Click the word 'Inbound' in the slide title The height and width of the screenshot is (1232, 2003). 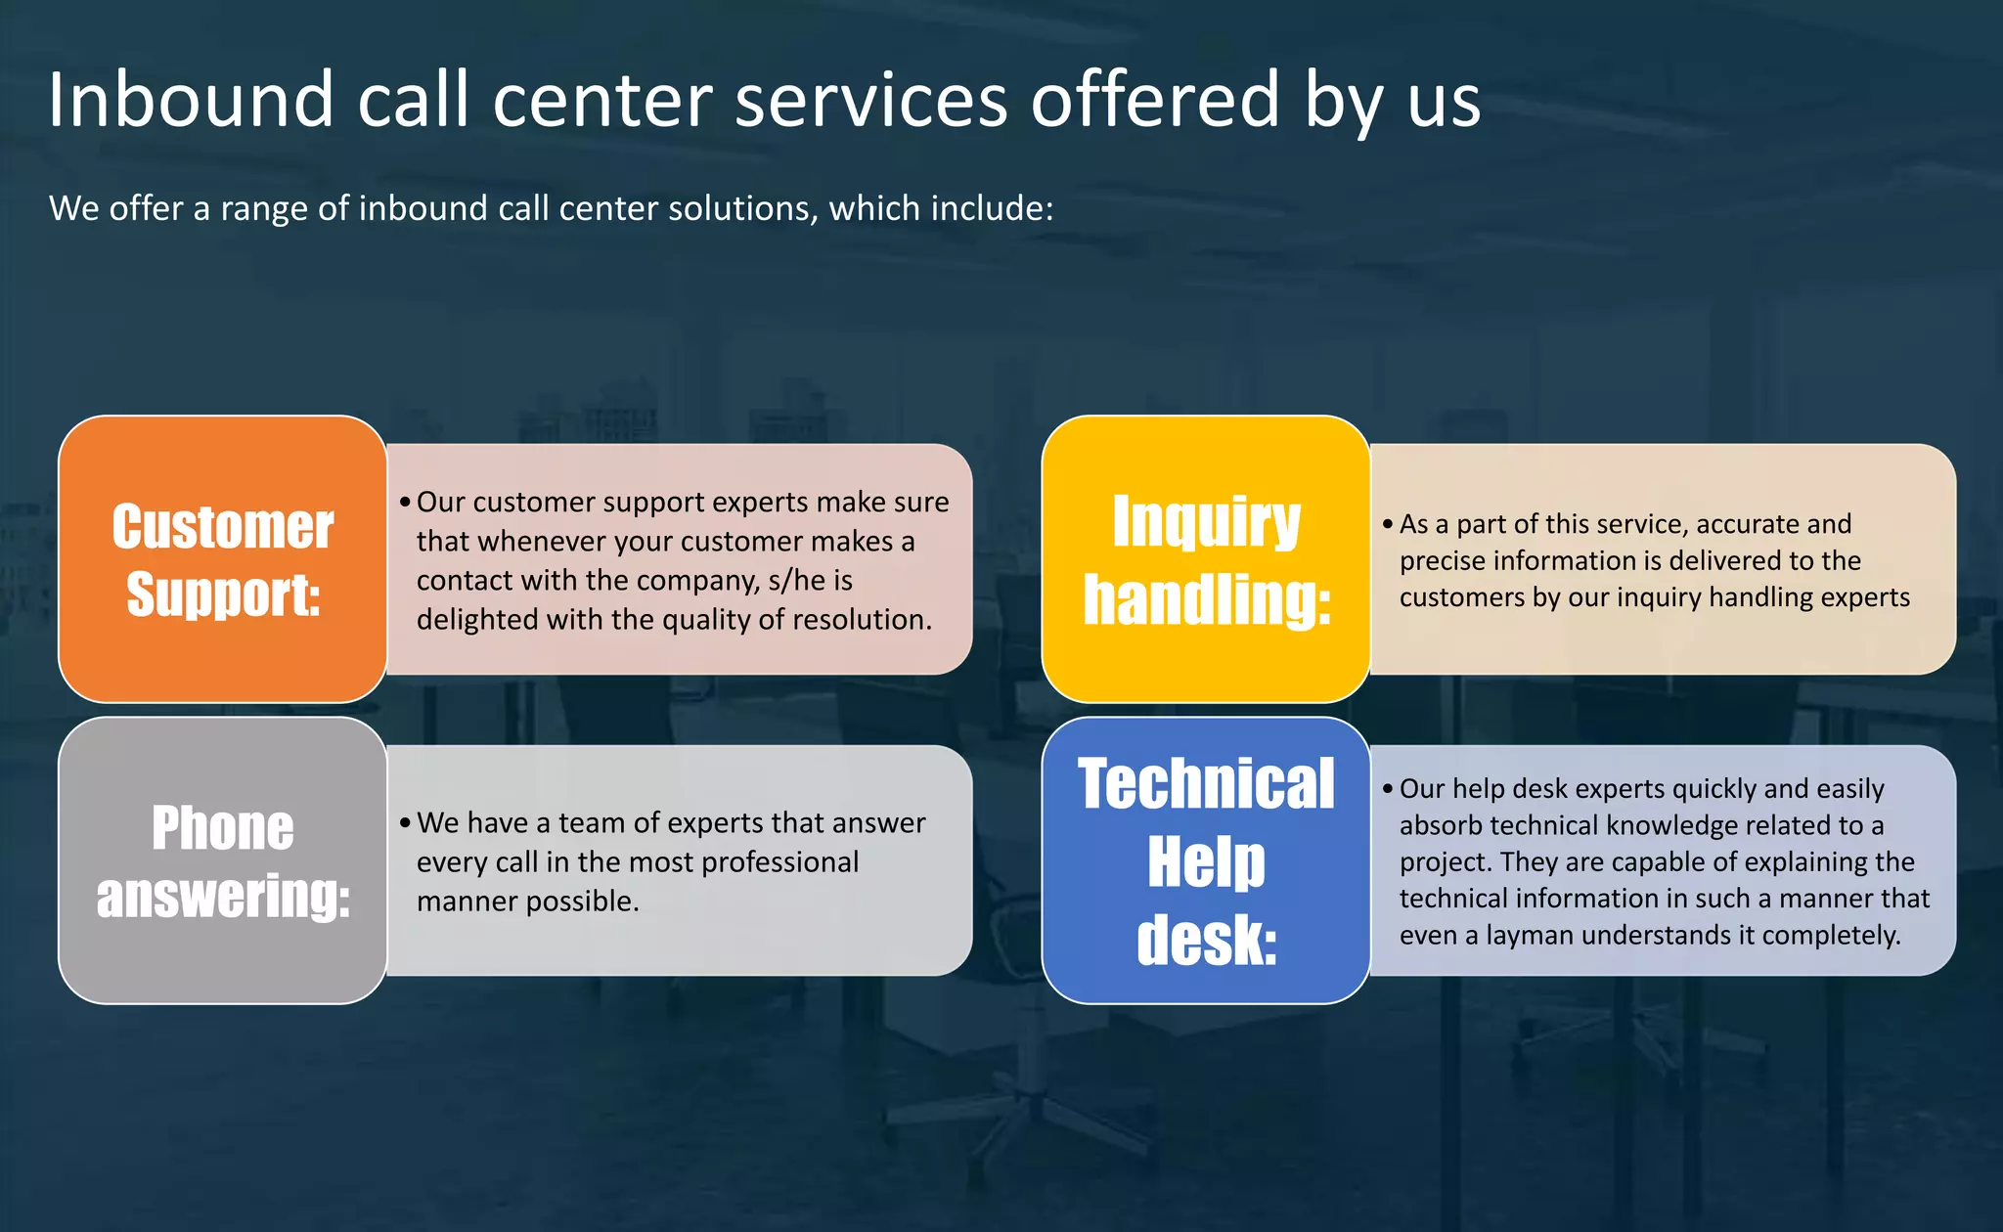192,100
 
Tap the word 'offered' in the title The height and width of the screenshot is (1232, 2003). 1155,100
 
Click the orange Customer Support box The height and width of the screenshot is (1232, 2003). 223,559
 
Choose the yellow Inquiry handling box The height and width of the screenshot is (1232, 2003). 1206,559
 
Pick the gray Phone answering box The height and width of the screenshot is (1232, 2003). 223,860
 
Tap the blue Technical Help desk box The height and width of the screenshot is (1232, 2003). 1206,860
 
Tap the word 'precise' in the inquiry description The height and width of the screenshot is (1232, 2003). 1444,561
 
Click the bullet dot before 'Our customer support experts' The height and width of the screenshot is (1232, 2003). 405,503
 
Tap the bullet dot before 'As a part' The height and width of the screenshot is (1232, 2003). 1388,524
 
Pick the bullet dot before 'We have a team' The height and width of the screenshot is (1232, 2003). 405,823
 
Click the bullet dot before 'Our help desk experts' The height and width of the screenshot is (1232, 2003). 1388,789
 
